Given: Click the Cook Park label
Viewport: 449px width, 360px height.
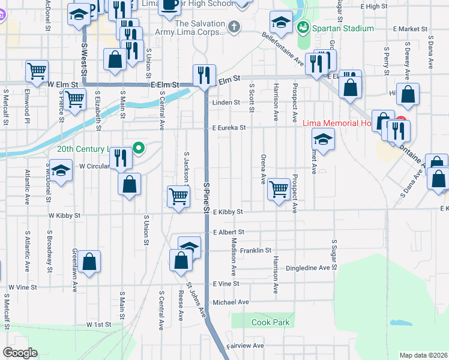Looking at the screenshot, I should pos(270,323).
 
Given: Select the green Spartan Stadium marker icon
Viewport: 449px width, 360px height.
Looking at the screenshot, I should pos(303,28).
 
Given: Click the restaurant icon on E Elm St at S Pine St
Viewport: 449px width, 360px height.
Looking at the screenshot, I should pos(204,75).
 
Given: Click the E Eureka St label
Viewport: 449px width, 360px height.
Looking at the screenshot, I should pos(229,128).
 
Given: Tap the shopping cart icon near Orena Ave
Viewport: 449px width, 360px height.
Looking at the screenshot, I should pos(279,189).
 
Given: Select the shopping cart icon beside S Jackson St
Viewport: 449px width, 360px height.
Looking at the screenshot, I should pos(178,196).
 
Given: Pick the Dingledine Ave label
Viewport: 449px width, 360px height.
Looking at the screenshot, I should pos(308,268).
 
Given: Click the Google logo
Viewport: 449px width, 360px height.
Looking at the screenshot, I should pos(20,352).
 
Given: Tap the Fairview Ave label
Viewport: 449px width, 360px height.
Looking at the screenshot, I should pos(245,346).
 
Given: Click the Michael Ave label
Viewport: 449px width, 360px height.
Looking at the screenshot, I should pos(231,302).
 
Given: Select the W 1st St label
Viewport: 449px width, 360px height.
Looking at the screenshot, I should pos(98,324).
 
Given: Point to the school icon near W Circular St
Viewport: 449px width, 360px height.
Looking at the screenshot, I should pos(61,170).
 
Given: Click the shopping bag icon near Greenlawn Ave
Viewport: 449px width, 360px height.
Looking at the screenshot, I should pos(89,261).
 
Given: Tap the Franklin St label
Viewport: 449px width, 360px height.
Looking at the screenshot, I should pos(256,250).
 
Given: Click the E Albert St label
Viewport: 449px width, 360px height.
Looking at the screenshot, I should pos(229,232).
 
